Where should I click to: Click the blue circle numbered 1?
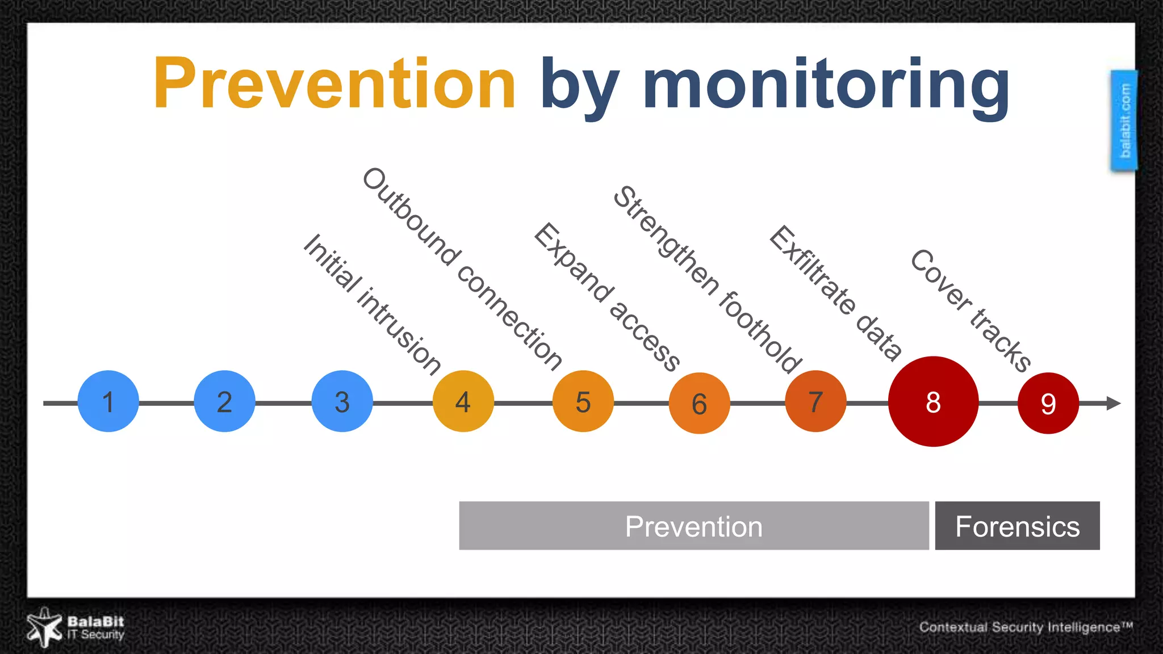click(108, 401)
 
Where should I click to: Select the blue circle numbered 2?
click(224, 401)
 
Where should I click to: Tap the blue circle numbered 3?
click(342, 401)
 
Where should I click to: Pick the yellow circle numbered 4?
click(463, 401)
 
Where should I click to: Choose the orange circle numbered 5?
click(583, 401)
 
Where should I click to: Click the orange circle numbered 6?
click(699, 403)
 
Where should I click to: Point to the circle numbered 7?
click(815, 401)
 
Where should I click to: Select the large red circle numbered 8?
click(933, 401)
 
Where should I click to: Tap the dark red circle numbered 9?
click(1048, 403)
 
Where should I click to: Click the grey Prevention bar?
click(693, 526)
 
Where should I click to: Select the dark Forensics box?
click(1017, 526)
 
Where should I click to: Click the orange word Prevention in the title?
click(334, 84)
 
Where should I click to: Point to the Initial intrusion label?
click(372, 304)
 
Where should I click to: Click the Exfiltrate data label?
click(835, 293)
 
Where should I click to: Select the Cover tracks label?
click(970, 311)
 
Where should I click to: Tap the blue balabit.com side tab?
click(1124, 120)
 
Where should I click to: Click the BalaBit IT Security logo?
click(76, 627)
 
